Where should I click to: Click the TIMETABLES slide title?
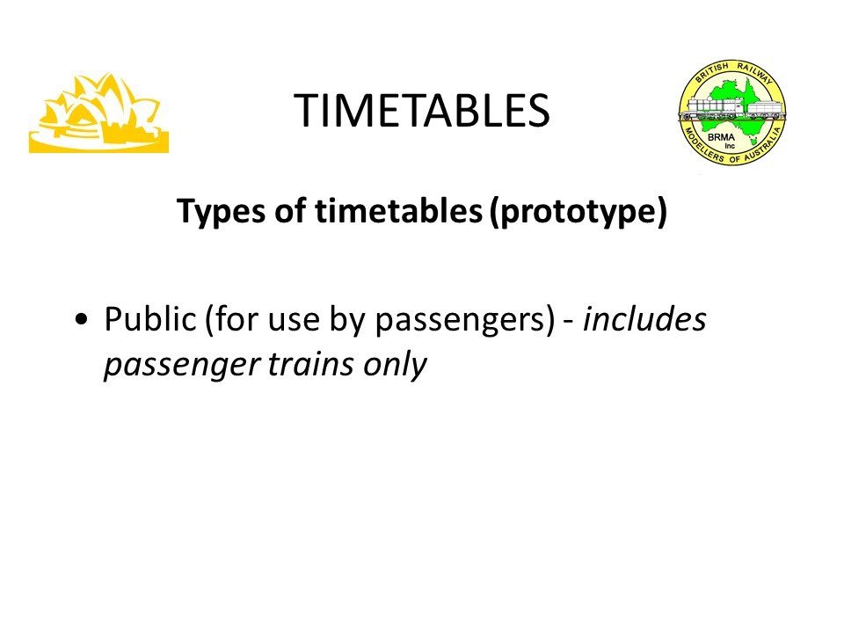click(x=422, y=111)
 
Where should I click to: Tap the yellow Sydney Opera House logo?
click(x=99, y=113)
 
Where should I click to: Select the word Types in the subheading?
click(x=222, y=211)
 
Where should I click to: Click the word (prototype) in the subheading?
click(x=578, y=211)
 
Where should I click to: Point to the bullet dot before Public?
click(x=81, y=319)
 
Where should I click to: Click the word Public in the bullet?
click(x=150, y=318)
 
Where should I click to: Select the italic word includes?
click(x=644, y=318)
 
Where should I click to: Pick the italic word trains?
click(x=311, y=364)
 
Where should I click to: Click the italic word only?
click(x=395, y=365)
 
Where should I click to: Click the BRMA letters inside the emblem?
click(x=721, y=137)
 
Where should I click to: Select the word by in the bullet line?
click(x=348, y=321)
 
